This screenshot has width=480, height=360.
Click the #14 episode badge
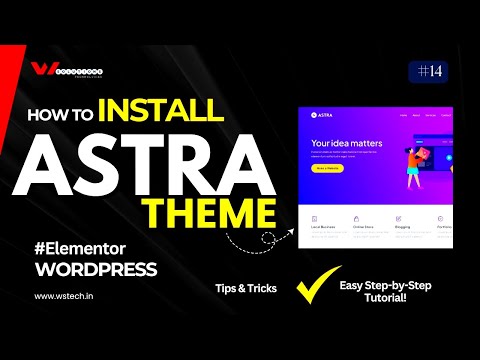[428, 71]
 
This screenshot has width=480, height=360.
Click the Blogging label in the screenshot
[401, 228]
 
